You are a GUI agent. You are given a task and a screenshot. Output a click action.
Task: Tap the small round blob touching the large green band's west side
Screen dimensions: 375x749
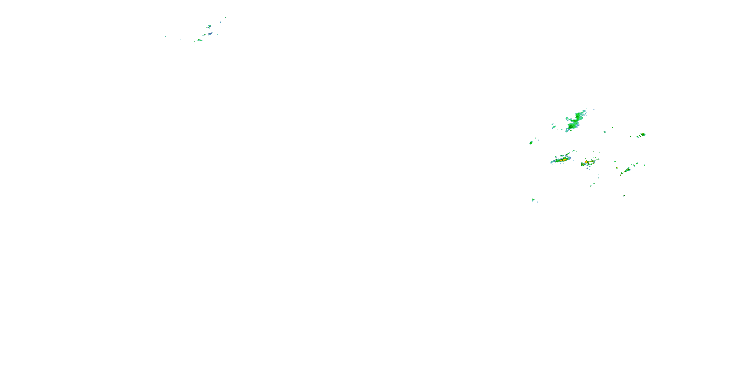[x=567, y=118]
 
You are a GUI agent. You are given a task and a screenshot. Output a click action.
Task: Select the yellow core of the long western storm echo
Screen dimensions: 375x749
[x=564, y=159]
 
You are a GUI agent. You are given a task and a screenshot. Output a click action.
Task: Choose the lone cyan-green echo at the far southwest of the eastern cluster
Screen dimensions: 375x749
[x=533, y=200]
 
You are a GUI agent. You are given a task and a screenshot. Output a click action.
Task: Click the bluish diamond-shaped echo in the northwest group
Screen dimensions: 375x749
[x=210, y=34]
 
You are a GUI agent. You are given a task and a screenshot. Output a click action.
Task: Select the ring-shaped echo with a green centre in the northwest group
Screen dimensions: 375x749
[x=209, y=26]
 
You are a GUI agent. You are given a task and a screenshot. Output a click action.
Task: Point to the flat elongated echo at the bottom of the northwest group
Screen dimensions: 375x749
[x=199, y=40]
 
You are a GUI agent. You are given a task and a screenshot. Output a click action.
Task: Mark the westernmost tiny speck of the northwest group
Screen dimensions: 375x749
[x=165, y=36]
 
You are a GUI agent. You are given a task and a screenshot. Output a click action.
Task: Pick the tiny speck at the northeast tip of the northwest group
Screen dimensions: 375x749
[x=225, y=17]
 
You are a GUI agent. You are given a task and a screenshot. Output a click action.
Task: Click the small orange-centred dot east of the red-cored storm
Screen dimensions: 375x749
[x=617, y=168]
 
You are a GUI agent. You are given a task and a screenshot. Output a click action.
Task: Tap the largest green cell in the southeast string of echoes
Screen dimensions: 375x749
[x=627, y=170]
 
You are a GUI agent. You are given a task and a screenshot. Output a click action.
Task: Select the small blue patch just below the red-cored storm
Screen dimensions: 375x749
[x=587, y=168]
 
